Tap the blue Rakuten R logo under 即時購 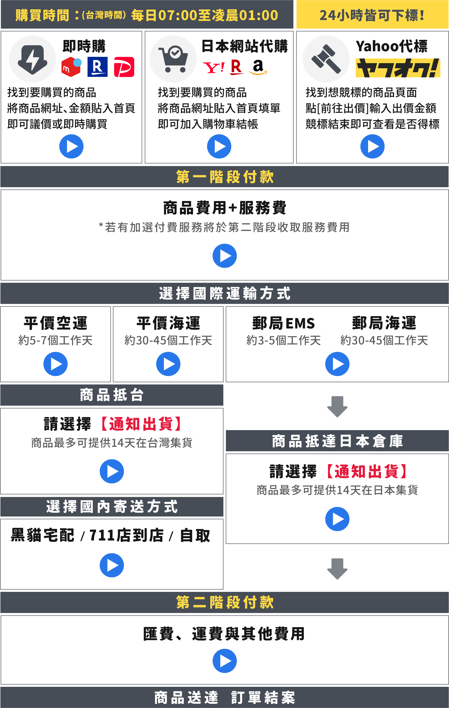pos(97,67)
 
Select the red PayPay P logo pos(124,67)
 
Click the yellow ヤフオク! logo pos(398,68)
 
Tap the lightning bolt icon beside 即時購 pos(32,59)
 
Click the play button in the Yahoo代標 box pos(372,146)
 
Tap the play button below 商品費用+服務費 pos(224,256)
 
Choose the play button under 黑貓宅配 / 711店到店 pos(112,565)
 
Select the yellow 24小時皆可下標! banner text pos(372,15)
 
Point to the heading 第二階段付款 pos(225,602)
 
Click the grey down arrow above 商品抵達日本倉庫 pos(337,407)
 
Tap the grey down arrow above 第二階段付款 pos(337,569)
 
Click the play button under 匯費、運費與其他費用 pos(224,661)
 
